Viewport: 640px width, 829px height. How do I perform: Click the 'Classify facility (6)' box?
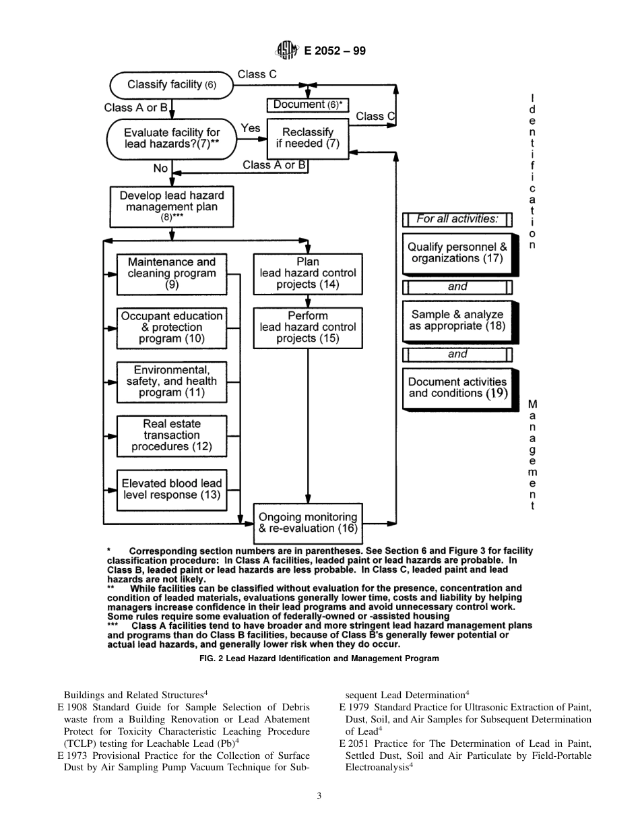click(x=172, y=85)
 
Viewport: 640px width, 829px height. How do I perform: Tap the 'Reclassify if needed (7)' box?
click(x=307, y=138)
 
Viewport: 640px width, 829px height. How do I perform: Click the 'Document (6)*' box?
click(x=308, y=104)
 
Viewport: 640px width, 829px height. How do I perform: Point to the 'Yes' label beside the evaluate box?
click(x=251, y=128)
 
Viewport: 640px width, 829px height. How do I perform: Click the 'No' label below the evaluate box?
click(x=160, y=168)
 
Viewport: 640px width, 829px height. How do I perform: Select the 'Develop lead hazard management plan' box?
click(x=172, y=206)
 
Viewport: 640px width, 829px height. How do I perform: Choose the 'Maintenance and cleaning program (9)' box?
click(x=172, y=274)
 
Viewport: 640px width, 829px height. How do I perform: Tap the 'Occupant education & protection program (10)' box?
click(x=172, y=328)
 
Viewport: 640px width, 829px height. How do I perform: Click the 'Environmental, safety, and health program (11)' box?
click(x=172, y=381)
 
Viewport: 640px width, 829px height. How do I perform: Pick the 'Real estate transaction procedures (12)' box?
click(x=172, y=435)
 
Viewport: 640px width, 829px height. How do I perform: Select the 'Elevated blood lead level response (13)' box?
click(x=172, y=489)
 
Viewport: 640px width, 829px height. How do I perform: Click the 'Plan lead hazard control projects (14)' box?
click(x=308, y=274)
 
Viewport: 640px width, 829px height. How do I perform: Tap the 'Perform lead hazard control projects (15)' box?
click(x=308, y=328)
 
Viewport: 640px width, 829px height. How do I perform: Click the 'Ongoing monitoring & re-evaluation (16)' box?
click(x=308, y=523)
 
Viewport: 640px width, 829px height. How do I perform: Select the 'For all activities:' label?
click(x=457, y=219)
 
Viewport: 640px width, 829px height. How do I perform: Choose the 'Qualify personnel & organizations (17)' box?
click(x=457, y=253)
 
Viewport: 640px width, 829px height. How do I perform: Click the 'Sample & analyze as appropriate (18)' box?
click(x=457, y=320)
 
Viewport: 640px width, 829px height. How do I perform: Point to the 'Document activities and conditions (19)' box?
click(x=457, y=388)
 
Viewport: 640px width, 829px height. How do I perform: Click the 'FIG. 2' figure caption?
click(x=319, y=658)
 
